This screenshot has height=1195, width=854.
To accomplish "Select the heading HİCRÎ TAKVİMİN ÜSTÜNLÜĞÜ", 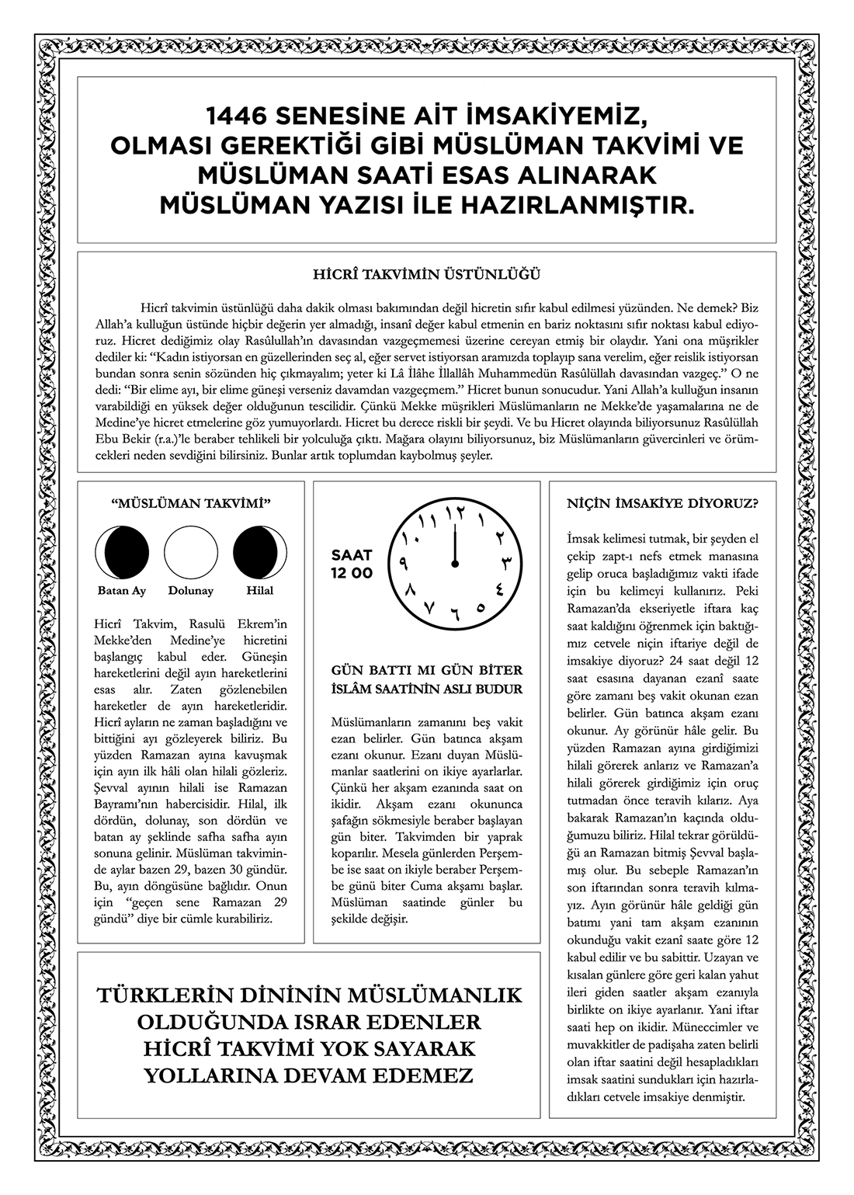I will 427,274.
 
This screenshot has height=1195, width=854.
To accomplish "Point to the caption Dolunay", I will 190,591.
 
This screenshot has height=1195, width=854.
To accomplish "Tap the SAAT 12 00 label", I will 352,564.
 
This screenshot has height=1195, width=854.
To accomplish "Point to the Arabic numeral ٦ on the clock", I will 456,616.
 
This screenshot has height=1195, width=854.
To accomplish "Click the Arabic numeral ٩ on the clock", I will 404,561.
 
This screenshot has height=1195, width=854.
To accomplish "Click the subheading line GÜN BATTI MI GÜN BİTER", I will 426,670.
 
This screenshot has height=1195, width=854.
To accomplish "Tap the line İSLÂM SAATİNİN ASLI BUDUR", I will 426,689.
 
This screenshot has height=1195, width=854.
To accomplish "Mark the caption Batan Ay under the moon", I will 122,591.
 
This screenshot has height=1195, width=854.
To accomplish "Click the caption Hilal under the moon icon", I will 259,591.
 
